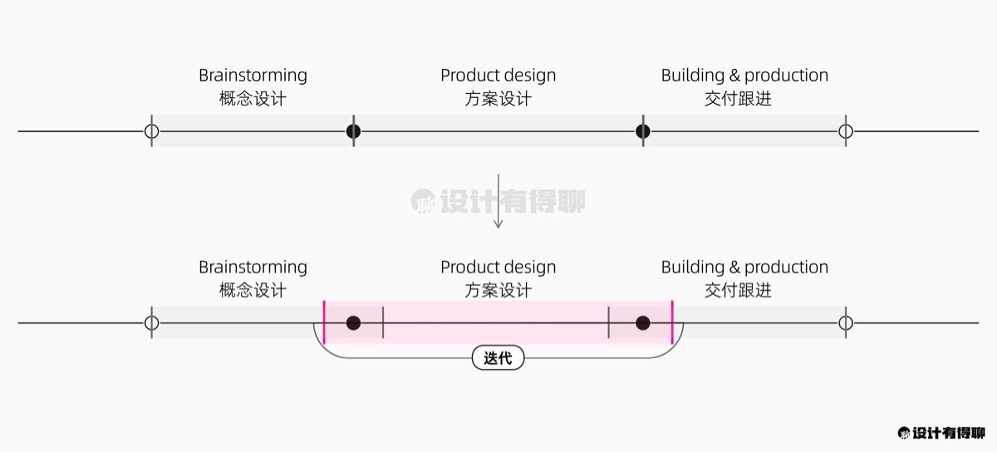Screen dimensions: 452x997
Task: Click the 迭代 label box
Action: pos(498,358)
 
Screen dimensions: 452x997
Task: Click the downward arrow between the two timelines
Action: pos(498,201)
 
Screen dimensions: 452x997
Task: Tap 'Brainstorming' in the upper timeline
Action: pos(253,76)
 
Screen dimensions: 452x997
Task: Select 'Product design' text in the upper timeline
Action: pos(498,76)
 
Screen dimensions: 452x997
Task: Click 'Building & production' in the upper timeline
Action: pos(744,76)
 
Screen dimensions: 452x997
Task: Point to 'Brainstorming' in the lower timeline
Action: pos(253,268)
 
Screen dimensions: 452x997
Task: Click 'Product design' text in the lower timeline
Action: pos(498,268)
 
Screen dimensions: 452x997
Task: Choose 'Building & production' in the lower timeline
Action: pos(744,268)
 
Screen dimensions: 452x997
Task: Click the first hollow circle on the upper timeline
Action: pos(151,131)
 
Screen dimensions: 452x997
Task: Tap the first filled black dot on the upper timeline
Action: pos(353,131)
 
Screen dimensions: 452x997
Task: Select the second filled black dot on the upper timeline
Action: pos(642,131)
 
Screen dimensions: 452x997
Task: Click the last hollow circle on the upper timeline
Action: pos(846,131)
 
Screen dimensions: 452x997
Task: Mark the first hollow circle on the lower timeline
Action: pos(151,322)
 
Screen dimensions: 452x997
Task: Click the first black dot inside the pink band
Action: pos(353,322)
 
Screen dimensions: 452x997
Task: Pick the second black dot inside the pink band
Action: pos(642,322)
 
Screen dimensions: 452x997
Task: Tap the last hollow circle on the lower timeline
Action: pos(846,322)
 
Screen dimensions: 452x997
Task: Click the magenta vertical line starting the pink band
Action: pos(324,322)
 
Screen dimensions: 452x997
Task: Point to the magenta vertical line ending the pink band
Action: pos(672,322)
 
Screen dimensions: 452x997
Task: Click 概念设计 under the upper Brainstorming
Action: pos(253,98)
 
